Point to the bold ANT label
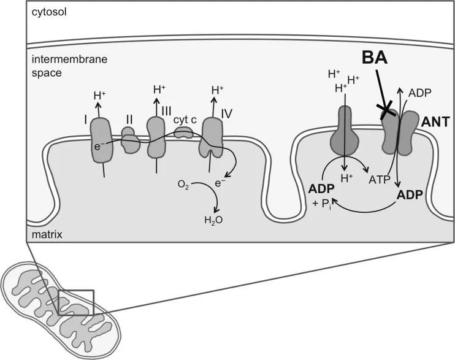[x=435, y=122]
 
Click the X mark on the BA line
[x=386, y=110]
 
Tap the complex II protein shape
[x=130, y=140]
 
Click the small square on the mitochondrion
[x=75, y=302]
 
